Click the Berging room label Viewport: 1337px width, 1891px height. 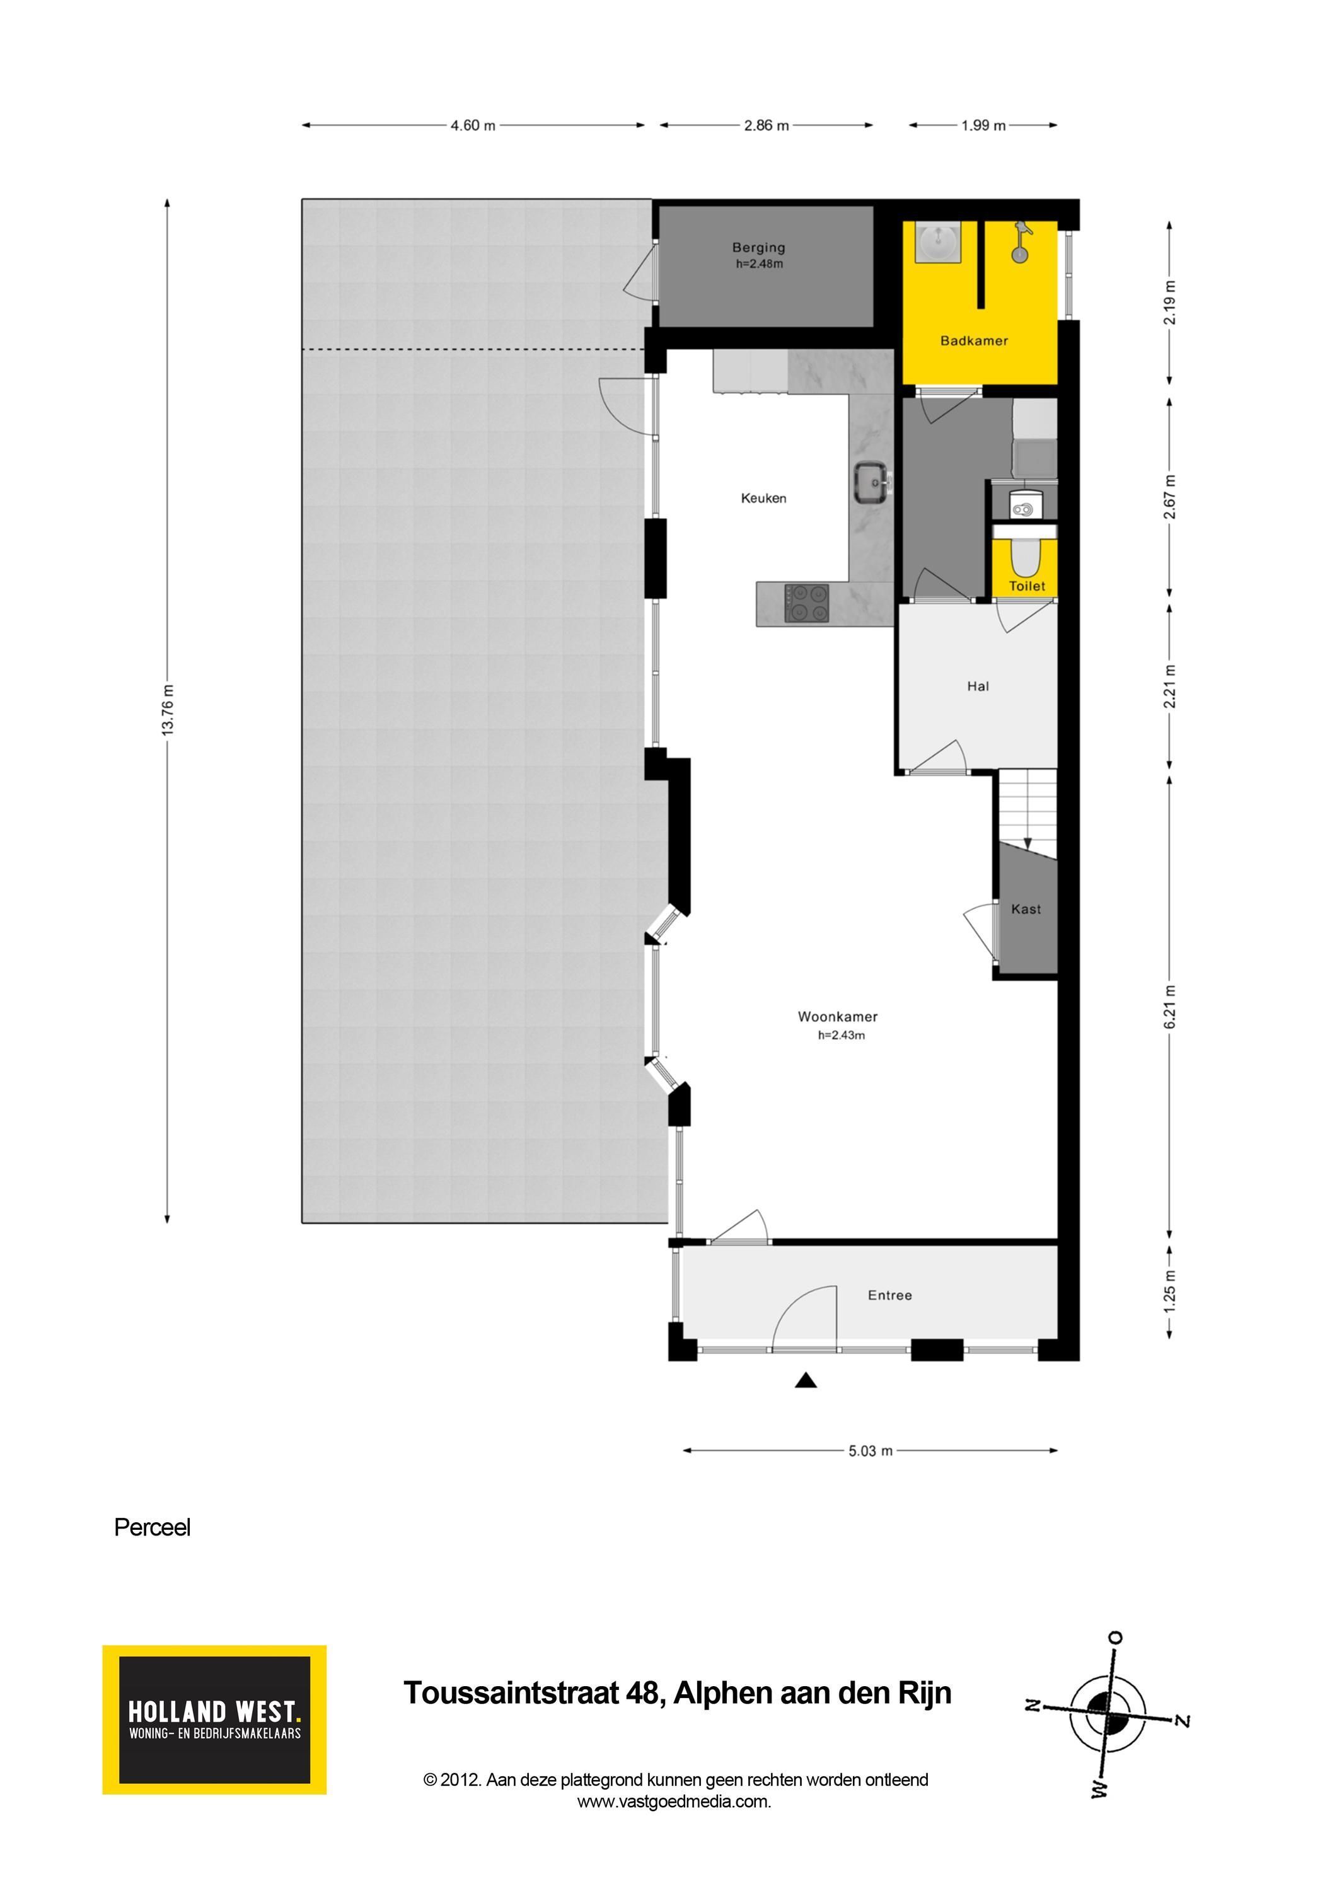click(x=759, y=247)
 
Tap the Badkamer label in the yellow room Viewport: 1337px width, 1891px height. click(x=974, y=341)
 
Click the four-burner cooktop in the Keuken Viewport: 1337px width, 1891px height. click(x=806, y=603)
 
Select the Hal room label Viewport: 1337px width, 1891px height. click(x=978, y=686)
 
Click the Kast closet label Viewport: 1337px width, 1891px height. click(x=1026, y=910)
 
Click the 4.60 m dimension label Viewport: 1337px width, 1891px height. click(x=473, y=125)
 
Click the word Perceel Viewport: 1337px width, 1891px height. click(x=153, y=1528)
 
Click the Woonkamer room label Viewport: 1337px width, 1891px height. click(x=838, y=1016)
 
